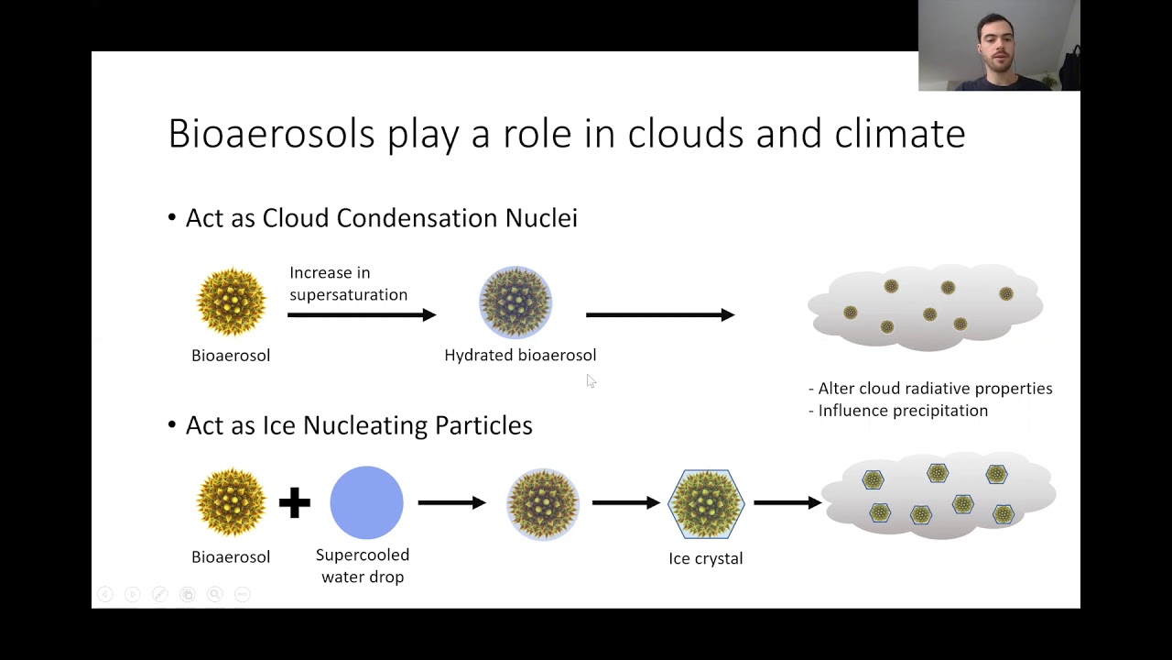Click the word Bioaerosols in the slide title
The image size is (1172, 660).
coord(272,134)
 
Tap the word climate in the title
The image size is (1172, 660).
coord(900,134)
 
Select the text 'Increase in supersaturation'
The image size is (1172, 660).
coord(349,284)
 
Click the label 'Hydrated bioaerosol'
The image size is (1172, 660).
coord(520,355)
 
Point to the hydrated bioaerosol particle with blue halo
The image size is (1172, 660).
coord(515,302)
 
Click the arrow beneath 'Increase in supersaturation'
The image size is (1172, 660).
coord(362,314)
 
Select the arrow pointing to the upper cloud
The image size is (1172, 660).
coord(660,314)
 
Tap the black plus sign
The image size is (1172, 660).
coord(295,503)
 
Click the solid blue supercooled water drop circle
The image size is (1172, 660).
coord(367,503)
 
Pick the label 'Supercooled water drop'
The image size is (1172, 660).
coord(363,566)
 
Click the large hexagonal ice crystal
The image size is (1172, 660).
coord(706,504)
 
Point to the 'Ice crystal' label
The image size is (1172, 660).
coord(706,558)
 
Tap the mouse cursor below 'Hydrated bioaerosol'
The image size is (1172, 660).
coord(591,380)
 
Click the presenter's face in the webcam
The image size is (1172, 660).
coord(996,46)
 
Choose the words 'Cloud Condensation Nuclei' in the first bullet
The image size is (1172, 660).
coord(419,218)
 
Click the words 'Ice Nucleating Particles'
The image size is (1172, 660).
coord(397,424)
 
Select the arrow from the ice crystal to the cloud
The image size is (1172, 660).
coord(787,503)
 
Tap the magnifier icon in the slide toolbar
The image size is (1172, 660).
coord(214,594)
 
